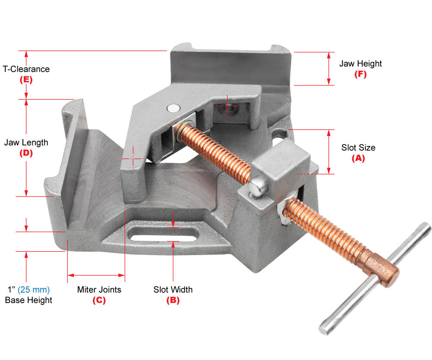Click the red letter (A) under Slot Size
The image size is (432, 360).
pos(358,158)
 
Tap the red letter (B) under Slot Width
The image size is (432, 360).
pos(173,300)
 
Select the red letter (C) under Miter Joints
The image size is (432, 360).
pos(99,300)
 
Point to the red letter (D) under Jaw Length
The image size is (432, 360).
pos(26,153)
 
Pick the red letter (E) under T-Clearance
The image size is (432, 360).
pos(26,79)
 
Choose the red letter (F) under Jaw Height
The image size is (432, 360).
pos(360,74)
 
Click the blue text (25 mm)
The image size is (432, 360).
pos(34,290)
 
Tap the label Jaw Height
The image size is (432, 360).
pos(360,63)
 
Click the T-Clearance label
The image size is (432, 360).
pos(26,69)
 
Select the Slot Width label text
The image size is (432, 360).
pos(173,290)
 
